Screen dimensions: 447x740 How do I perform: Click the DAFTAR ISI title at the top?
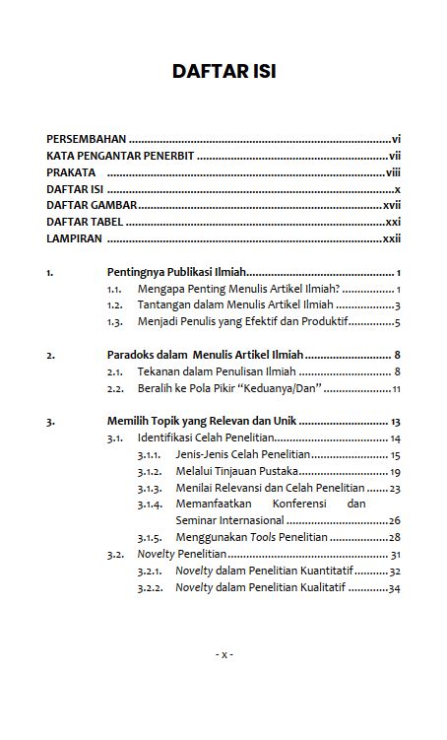(x=223, y=72)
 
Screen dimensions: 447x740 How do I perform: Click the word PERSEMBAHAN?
(x=87, y=140)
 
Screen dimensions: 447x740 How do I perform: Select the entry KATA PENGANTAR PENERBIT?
(x=120, y=156)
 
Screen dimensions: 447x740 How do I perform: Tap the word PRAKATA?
(x=71, y=172)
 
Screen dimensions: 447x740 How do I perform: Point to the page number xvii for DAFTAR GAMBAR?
(x=392, y=205)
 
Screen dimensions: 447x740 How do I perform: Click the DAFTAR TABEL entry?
(x=85, y=222)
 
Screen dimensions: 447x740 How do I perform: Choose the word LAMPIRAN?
(x=75, y=238)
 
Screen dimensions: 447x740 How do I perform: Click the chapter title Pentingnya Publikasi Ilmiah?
(x=175, y=272)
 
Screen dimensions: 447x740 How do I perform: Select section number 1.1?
(x=114, y=289)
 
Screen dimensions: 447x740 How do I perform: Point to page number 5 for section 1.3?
(x=396, y=322)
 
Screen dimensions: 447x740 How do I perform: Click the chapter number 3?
(x=50, y=422)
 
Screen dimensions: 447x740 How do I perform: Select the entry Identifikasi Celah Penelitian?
(x=205, y=437)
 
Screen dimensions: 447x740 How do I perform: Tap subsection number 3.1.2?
(x=150, y=471)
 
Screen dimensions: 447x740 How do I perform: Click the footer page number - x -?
(x=223, y=654)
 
